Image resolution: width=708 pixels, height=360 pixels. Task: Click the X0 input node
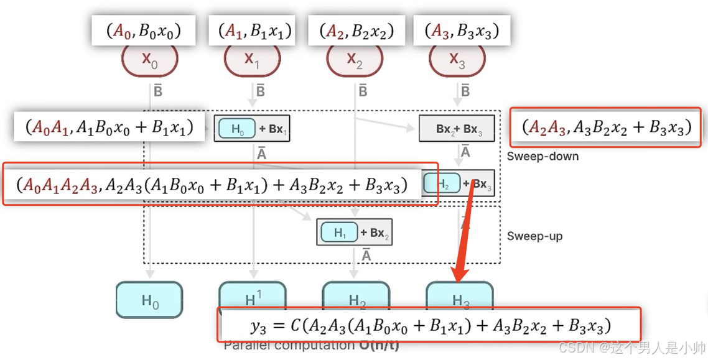[149, 60]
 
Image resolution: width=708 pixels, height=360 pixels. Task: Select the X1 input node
[252, 60]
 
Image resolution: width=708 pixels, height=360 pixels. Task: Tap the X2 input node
[355, 60]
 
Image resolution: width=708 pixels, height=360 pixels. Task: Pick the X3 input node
[457, 60]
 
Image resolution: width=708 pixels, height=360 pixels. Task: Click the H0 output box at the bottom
[149, 300]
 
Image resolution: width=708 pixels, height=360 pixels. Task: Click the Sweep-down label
[543, 156]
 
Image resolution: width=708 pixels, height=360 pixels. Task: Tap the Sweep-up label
[534, 236]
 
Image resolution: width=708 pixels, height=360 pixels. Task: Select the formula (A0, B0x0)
[144, 30]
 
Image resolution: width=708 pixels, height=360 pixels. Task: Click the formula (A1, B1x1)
[254, 30]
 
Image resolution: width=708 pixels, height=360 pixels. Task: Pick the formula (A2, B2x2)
[356, 30]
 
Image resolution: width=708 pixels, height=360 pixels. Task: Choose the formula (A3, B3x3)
[461, 30]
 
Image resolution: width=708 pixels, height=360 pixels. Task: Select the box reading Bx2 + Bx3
[459, 129]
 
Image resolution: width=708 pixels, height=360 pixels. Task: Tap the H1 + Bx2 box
[354, 233]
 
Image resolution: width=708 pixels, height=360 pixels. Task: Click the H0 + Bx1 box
[252, 129]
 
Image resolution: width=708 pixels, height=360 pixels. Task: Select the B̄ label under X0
[158, 91]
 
